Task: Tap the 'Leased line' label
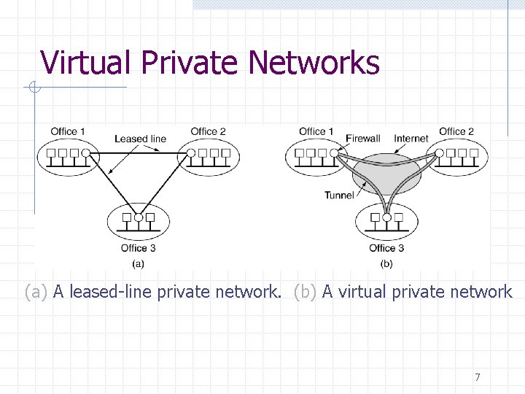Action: [x=140, y=139]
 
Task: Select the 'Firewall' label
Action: [x=362, y=139]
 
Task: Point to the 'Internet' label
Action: [x=411, y=139]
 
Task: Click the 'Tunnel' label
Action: [x=339, y=195]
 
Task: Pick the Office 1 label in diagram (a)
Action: [x=68, y=131]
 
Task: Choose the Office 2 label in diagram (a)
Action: [x=208, y=131]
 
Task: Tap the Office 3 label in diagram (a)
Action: [x=138, y=248]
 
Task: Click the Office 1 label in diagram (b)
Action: [x=316, y=131]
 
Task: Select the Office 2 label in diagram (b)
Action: [x=456, y=131]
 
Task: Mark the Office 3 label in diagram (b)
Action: [x=386, y=248]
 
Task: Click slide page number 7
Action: [x=477, y=377]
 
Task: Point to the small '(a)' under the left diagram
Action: [x=138, y=263]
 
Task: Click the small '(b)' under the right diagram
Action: [x=386, y=263]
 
